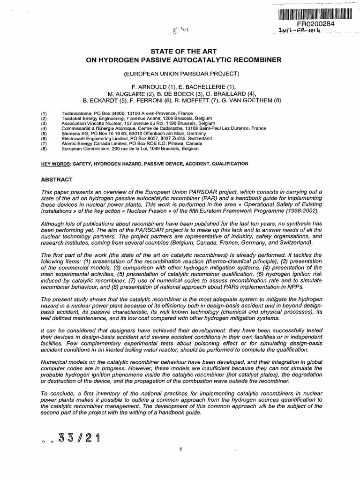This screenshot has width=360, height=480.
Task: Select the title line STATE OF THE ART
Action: (180, 51)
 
